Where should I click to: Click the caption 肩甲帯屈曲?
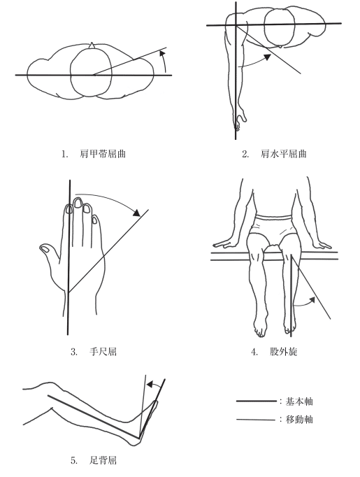click(x=103, y=154)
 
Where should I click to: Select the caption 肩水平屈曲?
click(x=283, y=154)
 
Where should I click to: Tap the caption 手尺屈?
click(x=103, y=352)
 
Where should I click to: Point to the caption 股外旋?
click(x=283, y=352)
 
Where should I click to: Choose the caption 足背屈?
click(x=103, y=460)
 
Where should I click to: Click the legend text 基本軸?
click(x=299, y=401)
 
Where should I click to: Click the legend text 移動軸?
click(x=299, y=420)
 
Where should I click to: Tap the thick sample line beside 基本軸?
click(x=257, y=401)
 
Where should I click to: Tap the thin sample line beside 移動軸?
click(x=257, y=420)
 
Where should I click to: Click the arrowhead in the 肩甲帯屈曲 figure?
click(x=163, y=54)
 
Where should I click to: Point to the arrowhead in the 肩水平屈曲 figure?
click(x=268, y=57)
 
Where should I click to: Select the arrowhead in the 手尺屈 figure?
click(x=136, y=213)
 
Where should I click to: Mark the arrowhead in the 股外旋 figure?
click(x=312, y=300)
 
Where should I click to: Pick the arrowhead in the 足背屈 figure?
click(x=150, y=385)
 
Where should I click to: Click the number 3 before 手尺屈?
click(x=73, y=353)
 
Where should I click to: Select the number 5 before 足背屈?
click(x=73, y=461)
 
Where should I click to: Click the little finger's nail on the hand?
click(x=95, y=220)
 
